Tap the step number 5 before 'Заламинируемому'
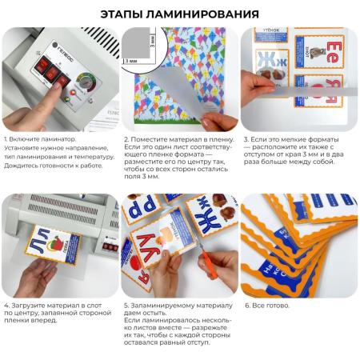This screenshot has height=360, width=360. pos(126,306)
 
